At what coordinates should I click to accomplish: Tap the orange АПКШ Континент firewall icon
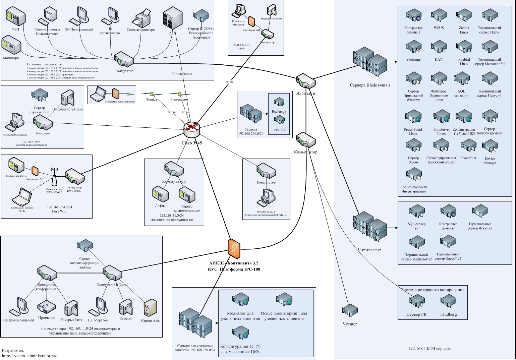(x=234, y=248)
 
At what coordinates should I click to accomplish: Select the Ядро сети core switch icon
(x=305, y=81)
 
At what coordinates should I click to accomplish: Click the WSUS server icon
(x=439, y=16)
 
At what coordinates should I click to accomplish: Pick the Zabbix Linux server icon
(x=464, y=16)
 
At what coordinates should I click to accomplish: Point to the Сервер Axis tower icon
(x=150, y=308)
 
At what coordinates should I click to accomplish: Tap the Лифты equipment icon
(x=160, y=195)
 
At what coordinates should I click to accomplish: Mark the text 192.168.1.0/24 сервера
(x=429, y=349)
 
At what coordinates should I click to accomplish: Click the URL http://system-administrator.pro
(x=30, y=356)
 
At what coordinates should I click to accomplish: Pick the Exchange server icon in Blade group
(x=413, y=48)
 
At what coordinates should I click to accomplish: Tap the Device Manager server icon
(x=490, y=146)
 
